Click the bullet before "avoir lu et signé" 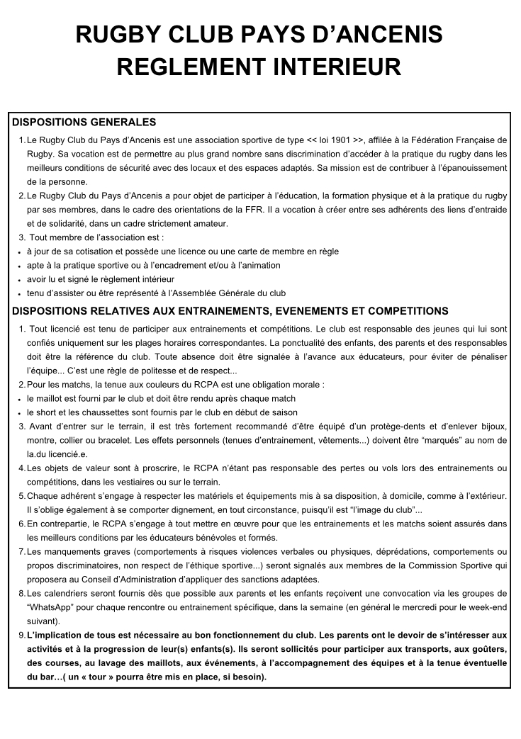tap(16, 280)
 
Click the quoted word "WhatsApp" tap(53, 607)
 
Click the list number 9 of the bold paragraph tap(21, 636)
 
